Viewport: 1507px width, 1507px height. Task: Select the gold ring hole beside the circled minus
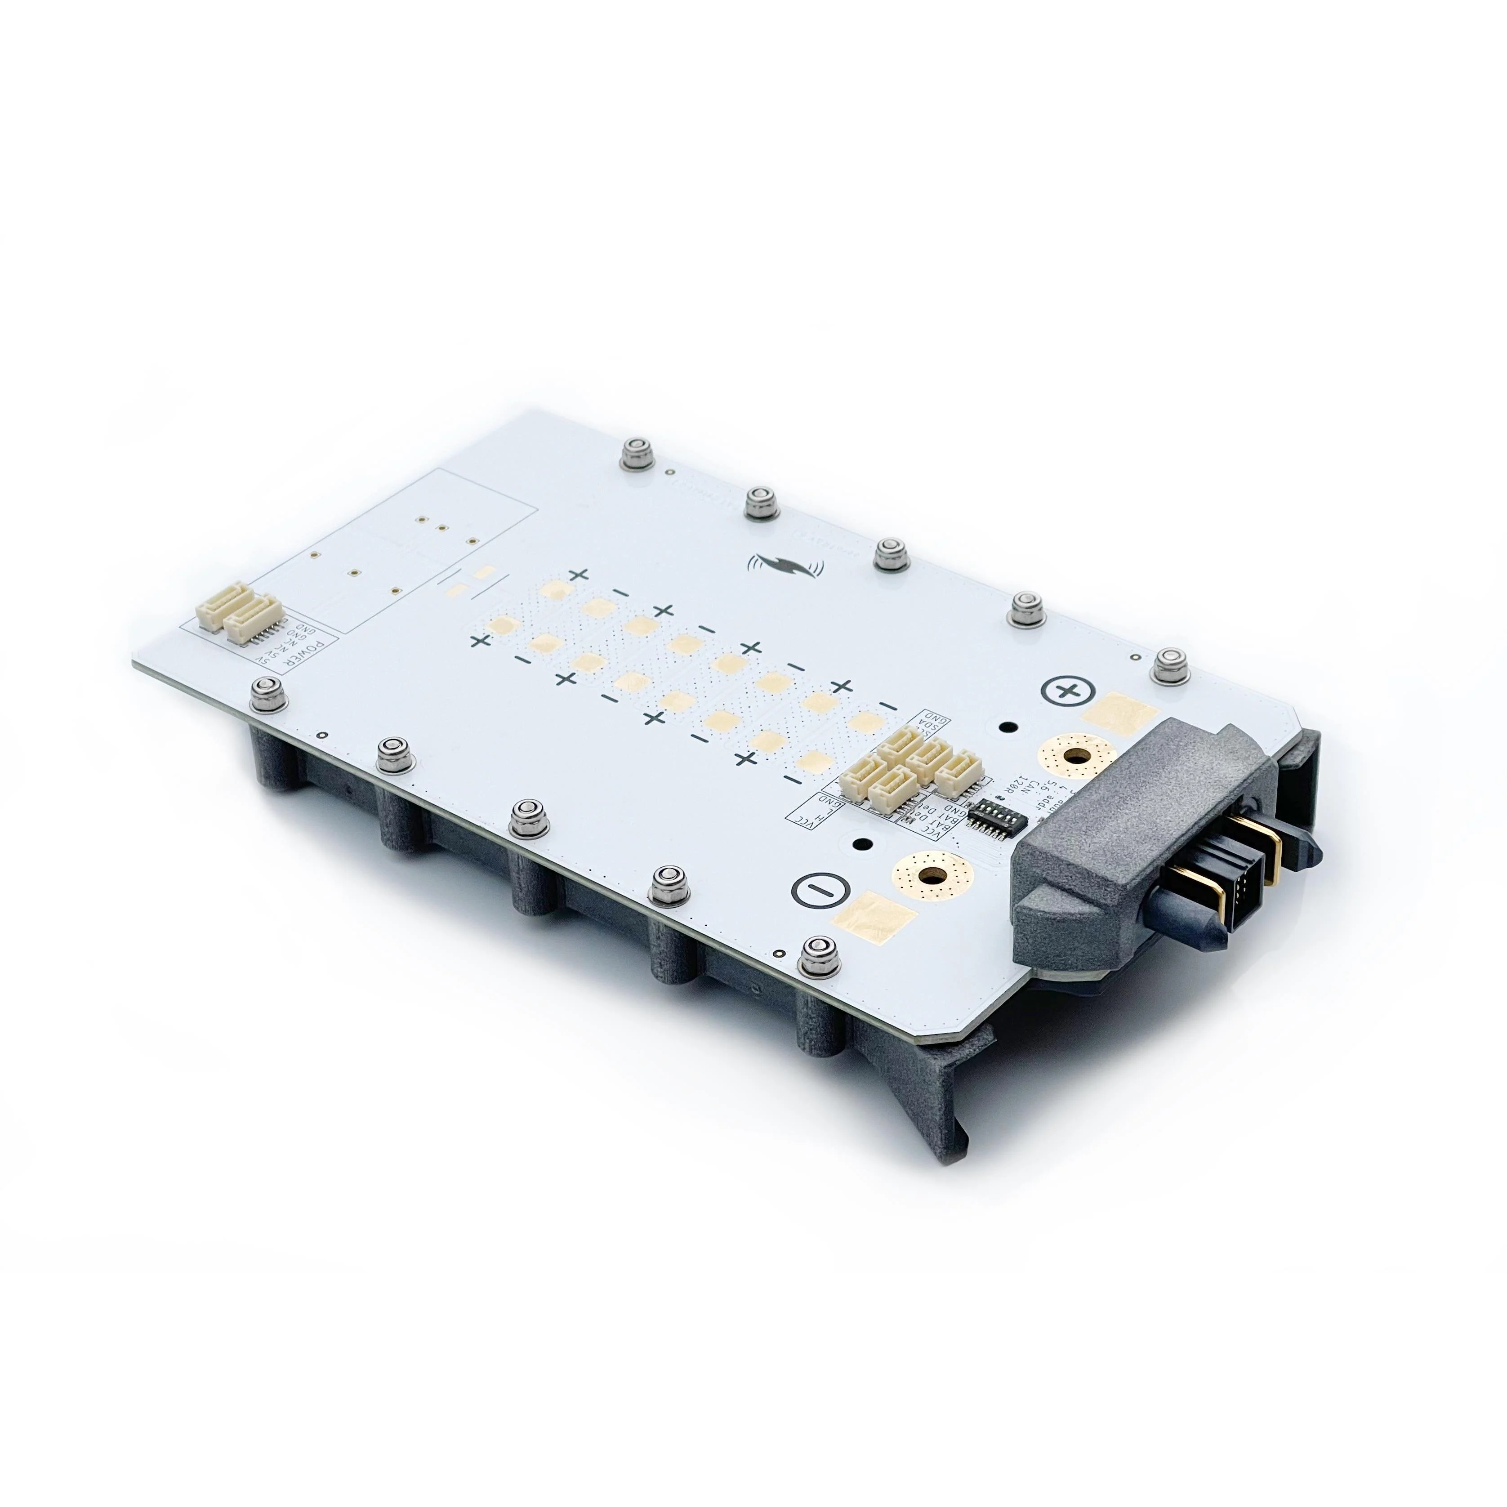tap(931, 874)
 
